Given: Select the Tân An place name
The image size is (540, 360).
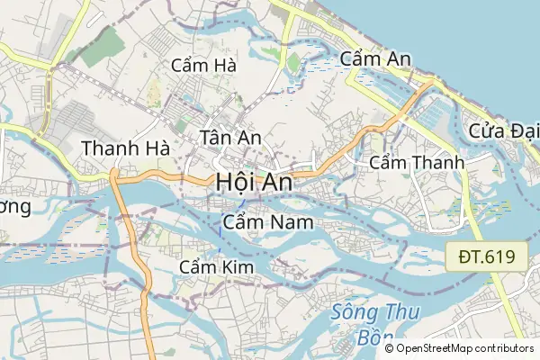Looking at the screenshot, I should (x=230, y=138).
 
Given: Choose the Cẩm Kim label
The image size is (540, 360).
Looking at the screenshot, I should (x=217, y=267).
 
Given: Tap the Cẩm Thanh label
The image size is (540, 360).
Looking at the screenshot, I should (x=417, y=163).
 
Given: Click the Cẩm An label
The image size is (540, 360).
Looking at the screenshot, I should (x=376, y=59).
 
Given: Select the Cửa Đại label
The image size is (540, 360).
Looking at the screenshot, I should (x=503, y=130).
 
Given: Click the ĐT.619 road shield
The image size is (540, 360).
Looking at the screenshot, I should (x=486, y=256).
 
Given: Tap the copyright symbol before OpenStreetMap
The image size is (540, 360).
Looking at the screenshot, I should (x=389, y=348).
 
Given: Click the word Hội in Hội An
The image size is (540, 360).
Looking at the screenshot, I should (x=233, y=181).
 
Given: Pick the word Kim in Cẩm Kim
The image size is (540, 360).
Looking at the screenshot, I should (x=238, y=267).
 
